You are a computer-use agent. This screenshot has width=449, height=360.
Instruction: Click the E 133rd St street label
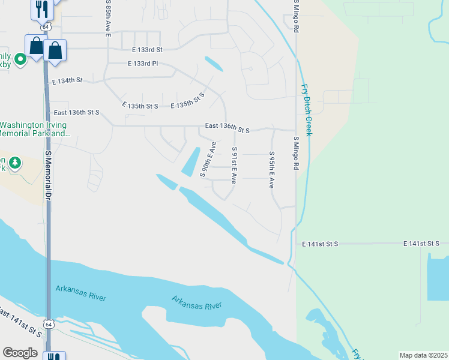pyautogui.click(x=142, y=50)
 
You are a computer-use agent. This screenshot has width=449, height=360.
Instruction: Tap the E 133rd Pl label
pyautogui.click(x=142, y=64)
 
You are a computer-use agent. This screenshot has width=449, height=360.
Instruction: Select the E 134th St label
pyautogui.click(x=67, y=80)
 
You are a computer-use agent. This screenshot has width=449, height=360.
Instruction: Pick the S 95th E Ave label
pyautogui.click(x=271, y=170)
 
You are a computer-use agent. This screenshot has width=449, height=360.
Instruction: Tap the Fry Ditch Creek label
pyautogui.click(x=307, y=109)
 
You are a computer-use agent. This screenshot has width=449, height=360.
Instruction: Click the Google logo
pyautogui.click(x=20, y=352)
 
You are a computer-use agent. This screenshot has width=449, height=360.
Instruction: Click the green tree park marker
pyautogui.click(x=14, y=163)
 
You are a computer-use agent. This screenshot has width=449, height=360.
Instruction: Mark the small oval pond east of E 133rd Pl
pyautogui.click(x=214, y=64)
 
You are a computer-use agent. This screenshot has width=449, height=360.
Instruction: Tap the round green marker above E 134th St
pyautogui.click(x=20, y=59)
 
